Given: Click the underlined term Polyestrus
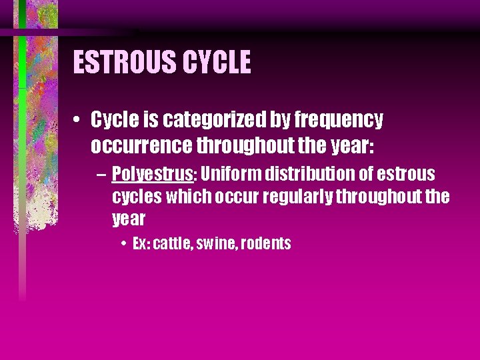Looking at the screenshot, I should [x=152, y=175].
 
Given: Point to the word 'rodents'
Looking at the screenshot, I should [x=266, y=243].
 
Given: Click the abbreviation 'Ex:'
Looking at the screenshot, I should [x=141, y=243].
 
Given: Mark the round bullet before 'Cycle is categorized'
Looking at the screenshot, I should [x=78, y=121].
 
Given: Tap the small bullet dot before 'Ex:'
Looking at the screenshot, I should [x=125, y=244].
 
